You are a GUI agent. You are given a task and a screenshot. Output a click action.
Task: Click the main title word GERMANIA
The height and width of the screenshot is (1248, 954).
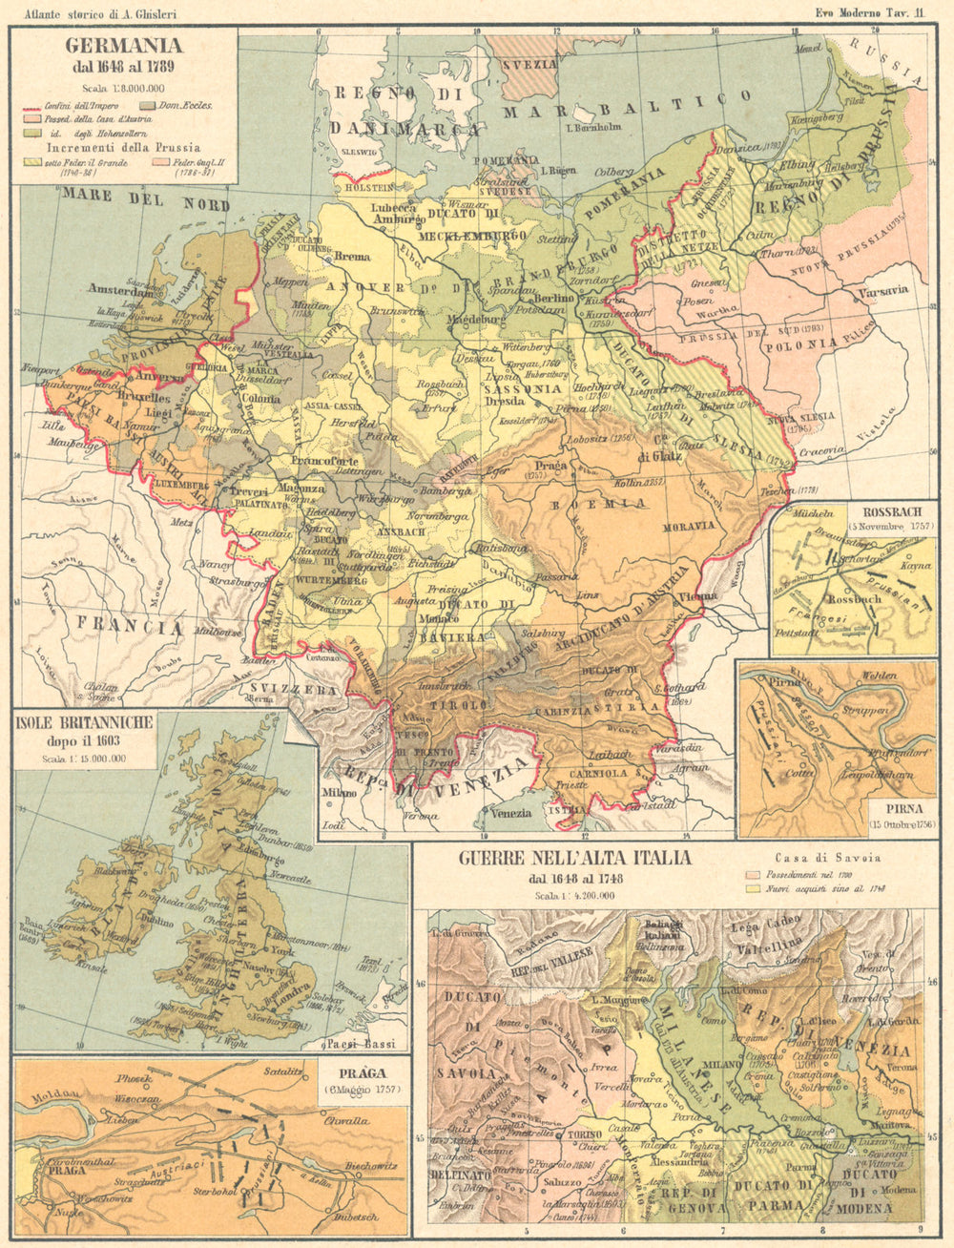123,45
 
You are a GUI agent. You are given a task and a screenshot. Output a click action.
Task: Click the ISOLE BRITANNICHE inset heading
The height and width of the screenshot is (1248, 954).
83,726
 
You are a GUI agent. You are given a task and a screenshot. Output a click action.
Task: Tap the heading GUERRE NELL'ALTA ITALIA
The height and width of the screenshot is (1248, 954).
574,858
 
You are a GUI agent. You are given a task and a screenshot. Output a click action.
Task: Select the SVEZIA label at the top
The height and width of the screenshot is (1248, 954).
530,64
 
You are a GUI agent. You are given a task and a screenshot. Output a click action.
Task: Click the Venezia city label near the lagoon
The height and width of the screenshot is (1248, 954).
513,813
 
